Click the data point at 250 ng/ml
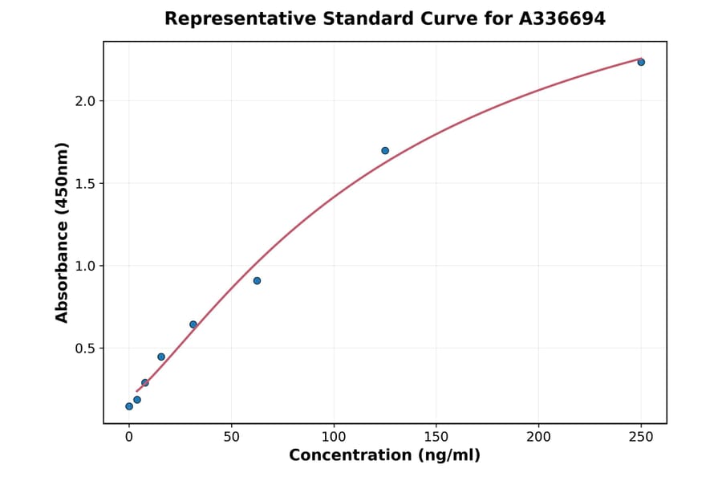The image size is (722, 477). click(641, 62)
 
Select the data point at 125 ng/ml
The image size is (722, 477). click(385, 150)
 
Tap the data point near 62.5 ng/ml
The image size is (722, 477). click(257, 280)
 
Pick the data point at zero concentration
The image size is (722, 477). click(129, 406)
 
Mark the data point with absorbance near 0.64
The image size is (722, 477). click(193, 324)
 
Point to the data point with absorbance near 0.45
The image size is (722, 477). click(161, 357)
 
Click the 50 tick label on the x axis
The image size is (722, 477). click(231, 438)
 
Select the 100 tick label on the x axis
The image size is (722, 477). click(334, 438)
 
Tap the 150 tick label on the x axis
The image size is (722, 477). click(436, 438)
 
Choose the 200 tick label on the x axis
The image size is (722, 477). click(538, 438)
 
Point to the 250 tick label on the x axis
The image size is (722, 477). click(641, 438)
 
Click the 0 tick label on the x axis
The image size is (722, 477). click(129, 438)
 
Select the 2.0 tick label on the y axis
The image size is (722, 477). click(86, 101)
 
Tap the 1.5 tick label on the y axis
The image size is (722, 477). click(86, 184)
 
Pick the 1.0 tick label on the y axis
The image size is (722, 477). click(86, 266)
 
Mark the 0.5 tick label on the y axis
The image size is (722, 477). click(86, 349)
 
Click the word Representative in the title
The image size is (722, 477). click(229, 18)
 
